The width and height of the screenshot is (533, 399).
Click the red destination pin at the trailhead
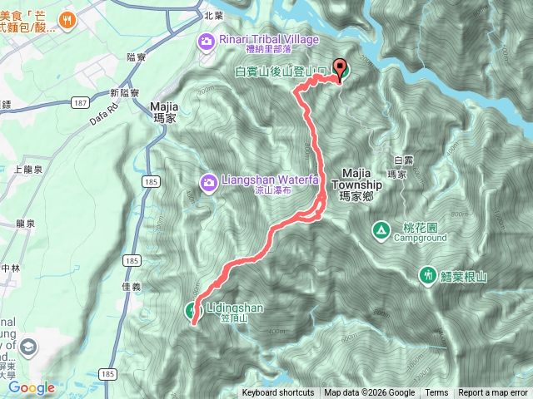point(340,70)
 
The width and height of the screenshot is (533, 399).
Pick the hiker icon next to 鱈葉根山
point(427,273)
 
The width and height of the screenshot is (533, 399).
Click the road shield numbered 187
point(80,101)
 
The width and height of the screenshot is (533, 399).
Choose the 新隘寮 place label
point(125,92)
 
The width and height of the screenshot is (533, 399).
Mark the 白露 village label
point(402,159)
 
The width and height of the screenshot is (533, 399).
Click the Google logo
point(32,387)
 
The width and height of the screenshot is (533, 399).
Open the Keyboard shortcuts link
point(278,393)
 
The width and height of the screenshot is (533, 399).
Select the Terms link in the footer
point(436,393)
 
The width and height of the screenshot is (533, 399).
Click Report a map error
point(494,393)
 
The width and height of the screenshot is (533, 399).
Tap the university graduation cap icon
point(30,346)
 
